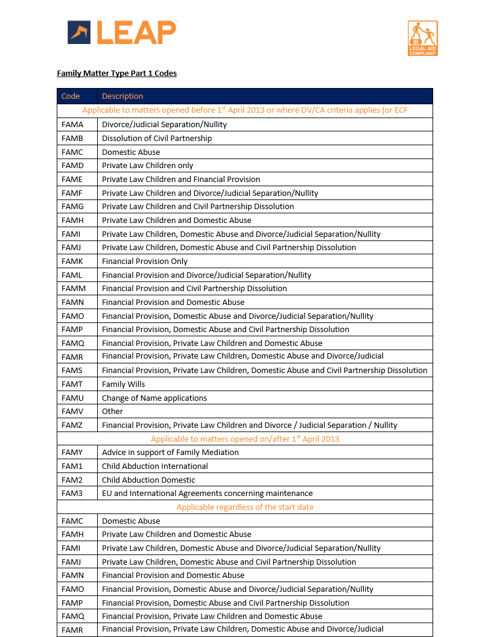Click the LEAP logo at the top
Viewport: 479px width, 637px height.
pyautogui.click(x=122, y=33)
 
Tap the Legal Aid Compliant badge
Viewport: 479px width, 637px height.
pyautogui.click(x=422, y=39)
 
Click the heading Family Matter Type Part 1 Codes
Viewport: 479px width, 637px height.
pyautogui.click(x=116, y=74)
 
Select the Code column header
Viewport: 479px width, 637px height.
pyautogui.click(x=71, y=96)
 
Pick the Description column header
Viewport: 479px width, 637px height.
pyautogui.click(x=122, y=96)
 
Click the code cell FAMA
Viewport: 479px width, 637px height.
pyautogui.click(x=72, y=125)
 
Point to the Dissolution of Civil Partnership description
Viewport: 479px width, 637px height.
pyautogui.click(x=157, y=139)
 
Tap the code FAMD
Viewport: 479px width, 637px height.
pyautogui.click(x=72, y=166)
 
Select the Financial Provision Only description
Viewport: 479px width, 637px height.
pyautogui.click(x=145, y=262)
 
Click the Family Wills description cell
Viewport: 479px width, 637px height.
pyautogui.click(x=124, y=384)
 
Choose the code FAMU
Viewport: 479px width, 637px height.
pyautogui.click(x=72, y=398)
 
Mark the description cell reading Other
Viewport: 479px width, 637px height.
pyautogui.click(x=112, y=412)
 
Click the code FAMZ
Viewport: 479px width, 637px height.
pyautogui.click(x=72, y=425)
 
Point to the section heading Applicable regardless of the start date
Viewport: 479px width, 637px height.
pyautogui.click(x=245, y=507)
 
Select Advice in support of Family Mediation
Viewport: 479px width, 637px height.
pyautogui.click(x=170, y=453)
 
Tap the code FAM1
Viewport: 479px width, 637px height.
pyautogui.click(x=72, y=466)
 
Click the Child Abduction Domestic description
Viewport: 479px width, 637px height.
pyautogui.click(x=148, y=480)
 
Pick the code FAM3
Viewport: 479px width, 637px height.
pyautogui.click(x=72, y=494)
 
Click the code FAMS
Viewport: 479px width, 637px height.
pyautogui.click(x=72, y=371)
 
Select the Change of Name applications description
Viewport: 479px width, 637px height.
pyautogui.click(x=154, y=398)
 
